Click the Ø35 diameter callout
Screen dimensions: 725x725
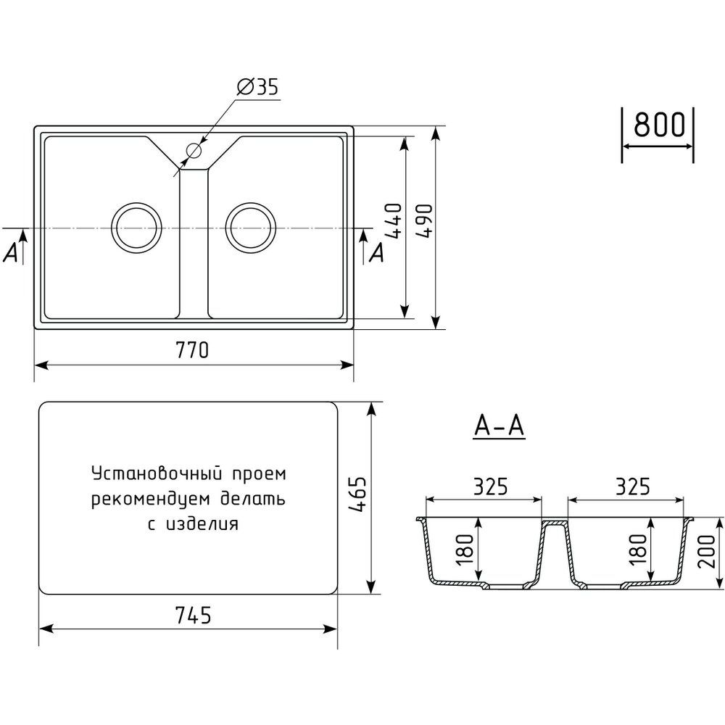pos(258,87)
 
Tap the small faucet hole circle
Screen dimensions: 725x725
pos(194,150)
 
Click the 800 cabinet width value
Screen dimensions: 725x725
pos(659,125)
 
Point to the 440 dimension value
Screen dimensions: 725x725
pos(394,220)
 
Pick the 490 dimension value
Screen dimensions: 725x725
pos(424,220)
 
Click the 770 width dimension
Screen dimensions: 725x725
pos(192,350)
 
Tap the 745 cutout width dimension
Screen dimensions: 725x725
pos(194,616)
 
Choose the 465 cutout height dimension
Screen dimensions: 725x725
pos(357,494)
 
